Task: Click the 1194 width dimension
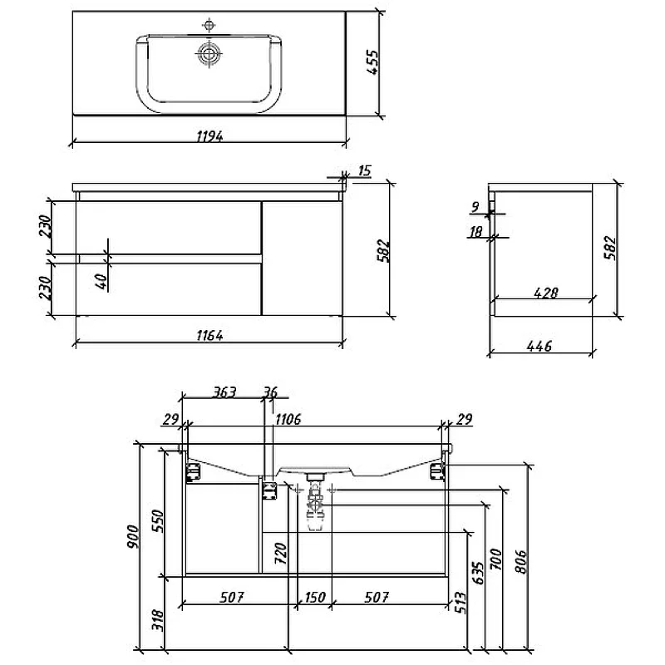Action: pyautogui.click(x=209, y=136)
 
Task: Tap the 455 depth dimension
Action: pyautogui.click(x=372, y=62)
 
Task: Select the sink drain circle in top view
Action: pyautogui.click(x=209, y=54)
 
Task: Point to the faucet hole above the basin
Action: pyautogui.click(x=209, y=25)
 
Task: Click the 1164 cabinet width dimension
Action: pyautogui.click(x=209, y=336)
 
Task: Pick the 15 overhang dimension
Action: pyautogui.click(x=364, y=170)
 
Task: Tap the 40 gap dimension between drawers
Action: pyautogui.click(x=101, y=281)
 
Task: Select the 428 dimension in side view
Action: pyautogui.click(x=546, y=293)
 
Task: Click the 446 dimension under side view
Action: pyautogui.click(x=539, y=346)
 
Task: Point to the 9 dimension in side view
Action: pyautogui.click(x=475, y=207)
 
